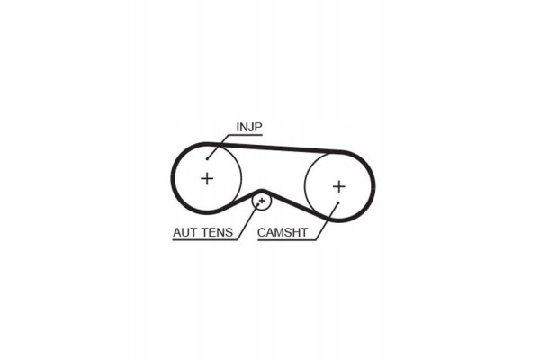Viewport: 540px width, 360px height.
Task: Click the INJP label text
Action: [x=249, y=127]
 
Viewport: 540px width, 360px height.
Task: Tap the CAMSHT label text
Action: [x=283, y=232]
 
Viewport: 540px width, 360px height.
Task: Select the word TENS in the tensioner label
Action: [x=218, y=232]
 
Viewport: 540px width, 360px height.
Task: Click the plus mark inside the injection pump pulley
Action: [x=207, y=178]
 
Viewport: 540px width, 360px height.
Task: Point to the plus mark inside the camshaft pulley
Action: [x=339, y=186]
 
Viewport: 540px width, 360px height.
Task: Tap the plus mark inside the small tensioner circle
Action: [x=262, y=201]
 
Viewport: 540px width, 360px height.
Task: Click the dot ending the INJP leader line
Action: [x=207, y=158]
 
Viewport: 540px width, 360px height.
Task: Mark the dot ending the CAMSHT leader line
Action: [x=338, y=202]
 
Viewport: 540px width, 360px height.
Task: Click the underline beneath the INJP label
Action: [x=246, y=135]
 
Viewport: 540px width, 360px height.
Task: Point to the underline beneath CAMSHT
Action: [x=286, y=239]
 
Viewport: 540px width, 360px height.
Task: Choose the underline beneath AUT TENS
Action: [x=205, y=239]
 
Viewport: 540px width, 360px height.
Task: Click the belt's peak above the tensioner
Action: [x=261, y=190]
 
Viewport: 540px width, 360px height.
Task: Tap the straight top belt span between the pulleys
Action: [x=275, y=147]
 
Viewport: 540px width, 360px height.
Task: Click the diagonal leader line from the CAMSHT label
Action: [x=327, y=221]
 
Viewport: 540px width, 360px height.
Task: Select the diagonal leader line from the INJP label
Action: [x=218, y=147]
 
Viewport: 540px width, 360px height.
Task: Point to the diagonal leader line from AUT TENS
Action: [x=248, y=221]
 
